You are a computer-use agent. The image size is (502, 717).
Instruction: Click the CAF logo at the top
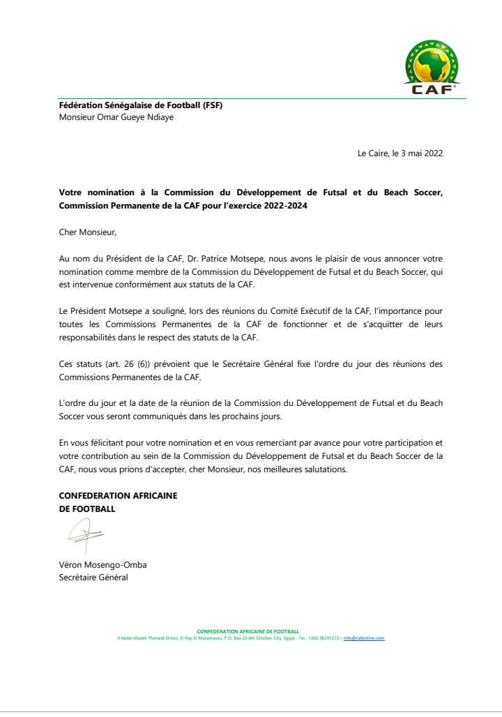click(432, 68)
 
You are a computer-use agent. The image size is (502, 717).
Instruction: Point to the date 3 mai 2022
click(421, 153)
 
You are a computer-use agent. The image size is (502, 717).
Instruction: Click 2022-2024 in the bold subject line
click(282, 206)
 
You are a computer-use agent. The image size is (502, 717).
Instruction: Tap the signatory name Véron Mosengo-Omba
click(102, 565)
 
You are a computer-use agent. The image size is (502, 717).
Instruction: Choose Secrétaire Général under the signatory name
click(93, 578)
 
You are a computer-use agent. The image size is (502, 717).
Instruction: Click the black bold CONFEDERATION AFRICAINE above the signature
click(118, 496)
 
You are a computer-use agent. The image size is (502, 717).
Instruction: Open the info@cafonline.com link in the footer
click(364, 638)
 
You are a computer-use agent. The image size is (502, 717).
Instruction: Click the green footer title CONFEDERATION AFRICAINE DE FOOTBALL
click(248, 631)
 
